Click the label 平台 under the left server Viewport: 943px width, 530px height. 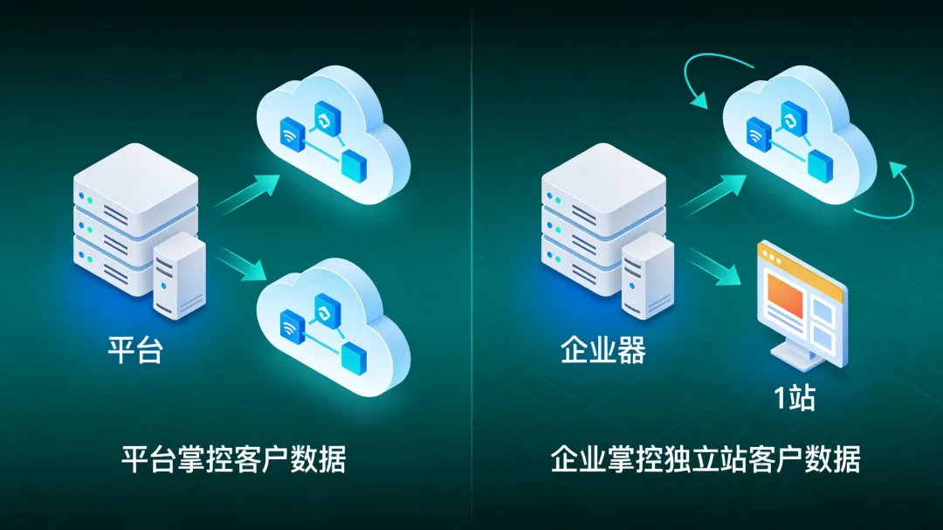[x=134, y=350]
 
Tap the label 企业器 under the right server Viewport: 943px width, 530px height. [x=602, y=350]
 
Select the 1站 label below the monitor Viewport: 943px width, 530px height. [x=794, y=397]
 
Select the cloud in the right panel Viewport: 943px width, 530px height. [x=799, y=144]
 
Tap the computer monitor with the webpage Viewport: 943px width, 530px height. [x=799, y=301]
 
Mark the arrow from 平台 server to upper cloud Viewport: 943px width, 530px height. [x=247, y=194]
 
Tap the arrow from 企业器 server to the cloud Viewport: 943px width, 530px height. [x=714, y=194]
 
